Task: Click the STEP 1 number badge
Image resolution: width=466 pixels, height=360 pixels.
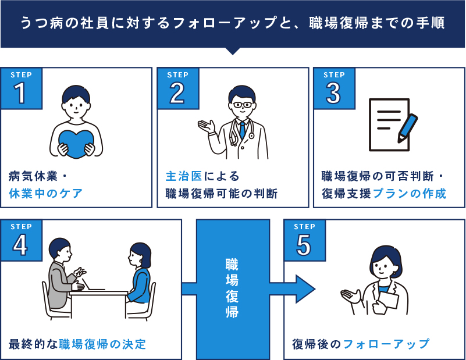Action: point(21,88)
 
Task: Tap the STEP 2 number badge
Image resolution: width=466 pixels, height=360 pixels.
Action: point(177,88)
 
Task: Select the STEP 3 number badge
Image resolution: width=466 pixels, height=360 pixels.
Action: point(334,88)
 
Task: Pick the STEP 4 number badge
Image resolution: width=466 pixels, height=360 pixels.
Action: point(21,240)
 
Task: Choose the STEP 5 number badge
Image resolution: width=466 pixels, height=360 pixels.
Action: point(304,240)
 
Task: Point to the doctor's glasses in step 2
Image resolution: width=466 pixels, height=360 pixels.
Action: point(241,105)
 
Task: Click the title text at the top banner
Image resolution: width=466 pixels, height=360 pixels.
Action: point(232,23)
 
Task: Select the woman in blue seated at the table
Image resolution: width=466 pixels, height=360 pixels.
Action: point(140,276)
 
